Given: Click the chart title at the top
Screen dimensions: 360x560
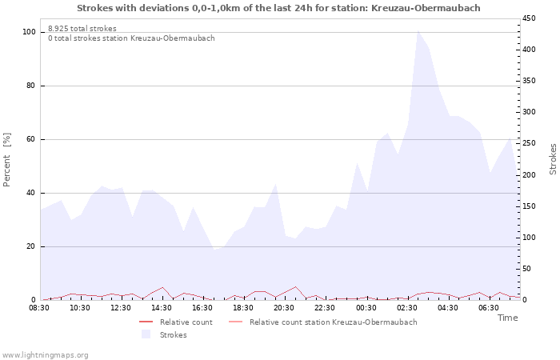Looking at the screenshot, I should coord(279,8).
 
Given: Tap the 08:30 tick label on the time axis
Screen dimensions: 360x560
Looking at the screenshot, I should coord(40,307).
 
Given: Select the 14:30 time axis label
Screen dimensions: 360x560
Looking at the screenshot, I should coord(162,307).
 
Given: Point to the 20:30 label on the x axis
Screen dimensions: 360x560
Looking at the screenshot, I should coord(284,307).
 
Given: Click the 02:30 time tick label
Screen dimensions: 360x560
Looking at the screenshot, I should coord(406,307).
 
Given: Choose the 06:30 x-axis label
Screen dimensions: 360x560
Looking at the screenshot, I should coord(488,307).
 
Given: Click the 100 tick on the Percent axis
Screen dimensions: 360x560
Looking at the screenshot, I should coord(29,32).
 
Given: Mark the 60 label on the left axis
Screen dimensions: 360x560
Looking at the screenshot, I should coord(31,139).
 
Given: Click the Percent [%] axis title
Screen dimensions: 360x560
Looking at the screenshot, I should coord(7,160).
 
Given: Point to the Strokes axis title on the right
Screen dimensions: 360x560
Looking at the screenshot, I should coord(553,159).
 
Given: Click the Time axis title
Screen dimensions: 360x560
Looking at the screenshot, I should coord(507,318).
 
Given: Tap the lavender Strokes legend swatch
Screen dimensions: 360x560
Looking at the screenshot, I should coord(146,334).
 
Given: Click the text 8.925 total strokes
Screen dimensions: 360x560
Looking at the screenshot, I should coord(82,29).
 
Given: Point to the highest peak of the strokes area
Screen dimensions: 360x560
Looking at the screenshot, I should coord(418,30).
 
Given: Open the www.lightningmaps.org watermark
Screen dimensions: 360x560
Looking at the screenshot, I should coord(45,354).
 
